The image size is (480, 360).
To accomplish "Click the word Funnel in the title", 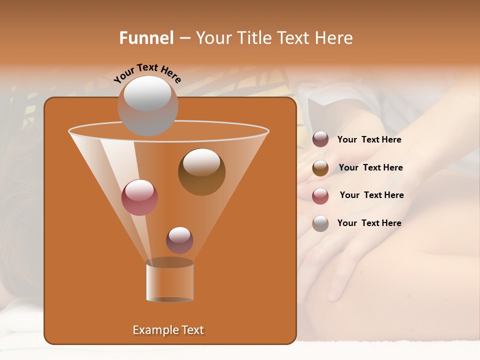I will (146, 38).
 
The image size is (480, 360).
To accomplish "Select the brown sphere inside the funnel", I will (201, 172).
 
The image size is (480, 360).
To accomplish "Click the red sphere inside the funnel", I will (139, 198).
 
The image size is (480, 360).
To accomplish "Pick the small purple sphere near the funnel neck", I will (179, 240).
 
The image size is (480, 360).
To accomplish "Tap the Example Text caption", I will (168, 330).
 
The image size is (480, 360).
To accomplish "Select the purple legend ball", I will (320, 139).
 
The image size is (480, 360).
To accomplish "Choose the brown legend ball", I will (320, 168).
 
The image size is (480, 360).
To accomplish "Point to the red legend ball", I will (320, 196).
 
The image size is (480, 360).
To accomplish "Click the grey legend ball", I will (320, 223).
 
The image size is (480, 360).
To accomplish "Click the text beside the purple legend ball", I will (369, 140).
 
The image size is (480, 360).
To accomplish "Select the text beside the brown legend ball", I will (370, 168).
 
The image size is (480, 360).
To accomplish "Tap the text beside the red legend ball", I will (371, 195).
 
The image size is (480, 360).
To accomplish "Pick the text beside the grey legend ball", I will (369, 223).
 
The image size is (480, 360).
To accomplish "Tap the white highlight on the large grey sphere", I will (147, 93).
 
